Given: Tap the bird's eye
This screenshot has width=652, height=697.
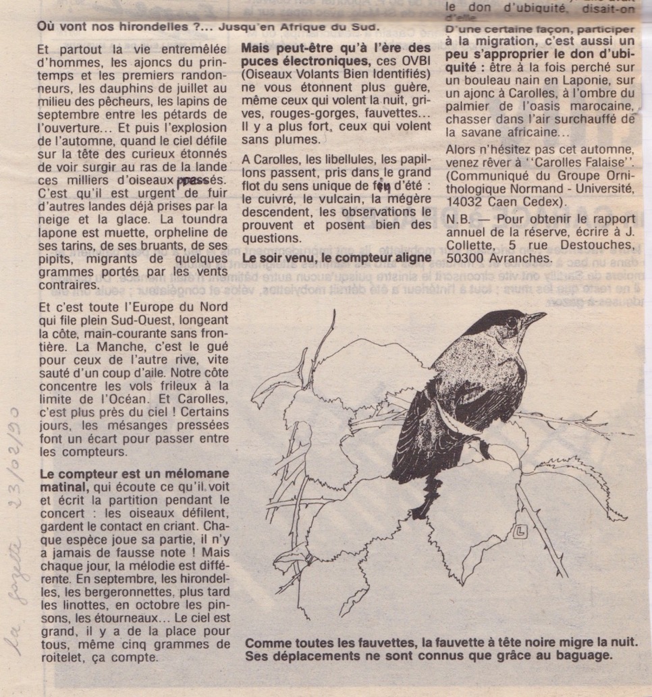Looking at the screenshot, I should coord(511,322).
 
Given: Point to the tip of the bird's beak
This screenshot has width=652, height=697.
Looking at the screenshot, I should coord(545,314).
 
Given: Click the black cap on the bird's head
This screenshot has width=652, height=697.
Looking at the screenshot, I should coord(493,320).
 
